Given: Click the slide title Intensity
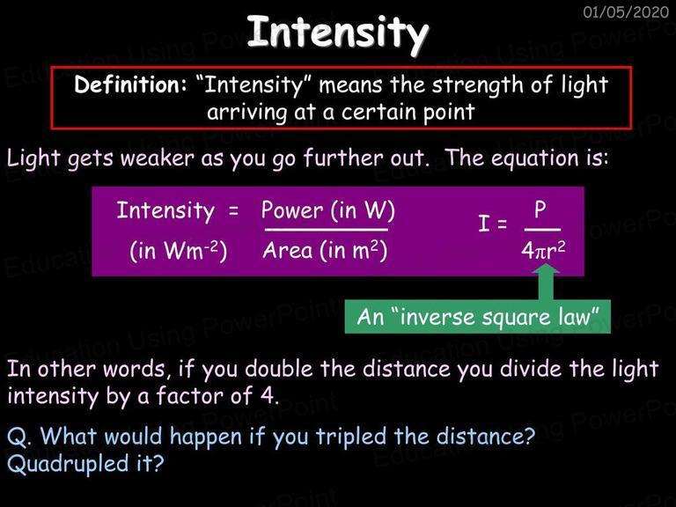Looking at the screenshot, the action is [338, 33].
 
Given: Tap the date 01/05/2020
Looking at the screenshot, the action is [626, 11].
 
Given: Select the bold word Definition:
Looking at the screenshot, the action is [130, 84].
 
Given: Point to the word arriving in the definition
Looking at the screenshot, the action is [247, 113].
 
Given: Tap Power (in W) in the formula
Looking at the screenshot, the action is [328, 211].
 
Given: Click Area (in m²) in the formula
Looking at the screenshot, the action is [325, 251].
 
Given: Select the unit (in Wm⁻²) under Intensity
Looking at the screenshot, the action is [179, 251].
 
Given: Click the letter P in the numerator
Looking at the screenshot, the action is [540, 210].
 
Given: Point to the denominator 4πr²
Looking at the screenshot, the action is [543, 250].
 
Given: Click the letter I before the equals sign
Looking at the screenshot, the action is [484, 224].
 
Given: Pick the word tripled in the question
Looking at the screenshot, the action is [351, 437].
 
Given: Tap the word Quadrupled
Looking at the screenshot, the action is [68, 464].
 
